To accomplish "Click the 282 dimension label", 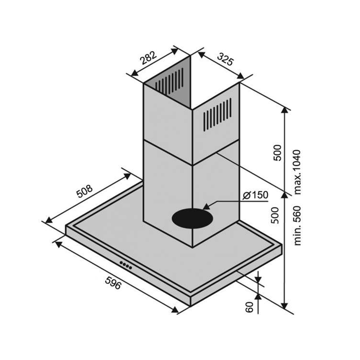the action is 148,58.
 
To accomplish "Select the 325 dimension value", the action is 225,59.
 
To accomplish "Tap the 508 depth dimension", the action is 85,191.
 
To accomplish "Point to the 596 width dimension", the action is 113,283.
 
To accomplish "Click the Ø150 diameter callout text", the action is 255,195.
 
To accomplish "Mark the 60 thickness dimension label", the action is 249,307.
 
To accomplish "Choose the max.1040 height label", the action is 297,172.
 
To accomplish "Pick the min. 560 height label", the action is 297,226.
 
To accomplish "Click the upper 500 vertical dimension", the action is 277,153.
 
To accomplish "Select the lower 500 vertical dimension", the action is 275,216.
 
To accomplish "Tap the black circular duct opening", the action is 193,218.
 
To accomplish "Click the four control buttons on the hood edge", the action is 126,265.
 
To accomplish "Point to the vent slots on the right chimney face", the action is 217,115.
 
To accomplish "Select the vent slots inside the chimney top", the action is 170,81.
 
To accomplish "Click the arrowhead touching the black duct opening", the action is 207,206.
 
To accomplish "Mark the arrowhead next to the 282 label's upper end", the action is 175,51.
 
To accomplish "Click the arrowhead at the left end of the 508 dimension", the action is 49,220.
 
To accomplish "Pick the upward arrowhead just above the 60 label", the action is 258,297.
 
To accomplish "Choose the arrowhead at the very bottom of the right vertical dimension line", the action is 284,306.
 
